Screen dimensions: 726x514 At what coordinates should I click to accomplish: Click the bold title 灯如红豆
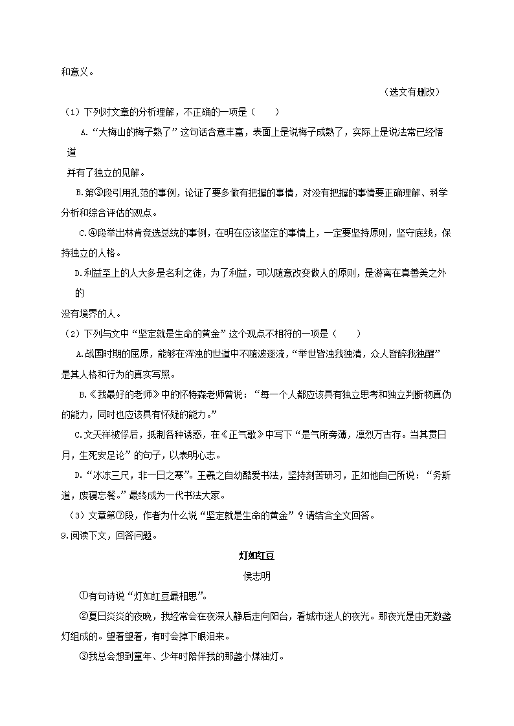(257, 555)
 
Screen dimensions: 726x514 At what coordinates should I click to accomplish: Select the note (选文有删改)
(412, 92)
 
